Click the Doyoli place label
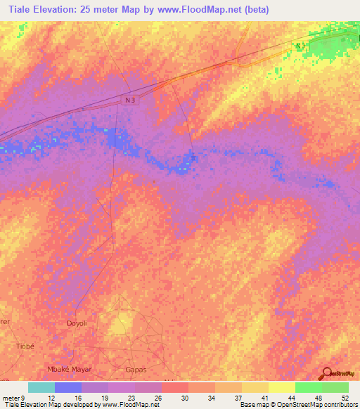77,323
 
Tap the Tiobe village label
25,346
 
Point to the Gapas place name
134,369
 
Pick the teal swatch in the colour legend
41,387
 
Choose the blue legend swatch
68,387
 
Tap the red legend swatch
174,387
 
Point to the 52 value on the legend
345,398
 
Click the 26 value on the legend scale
157,398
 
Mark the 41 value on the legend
264,398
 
